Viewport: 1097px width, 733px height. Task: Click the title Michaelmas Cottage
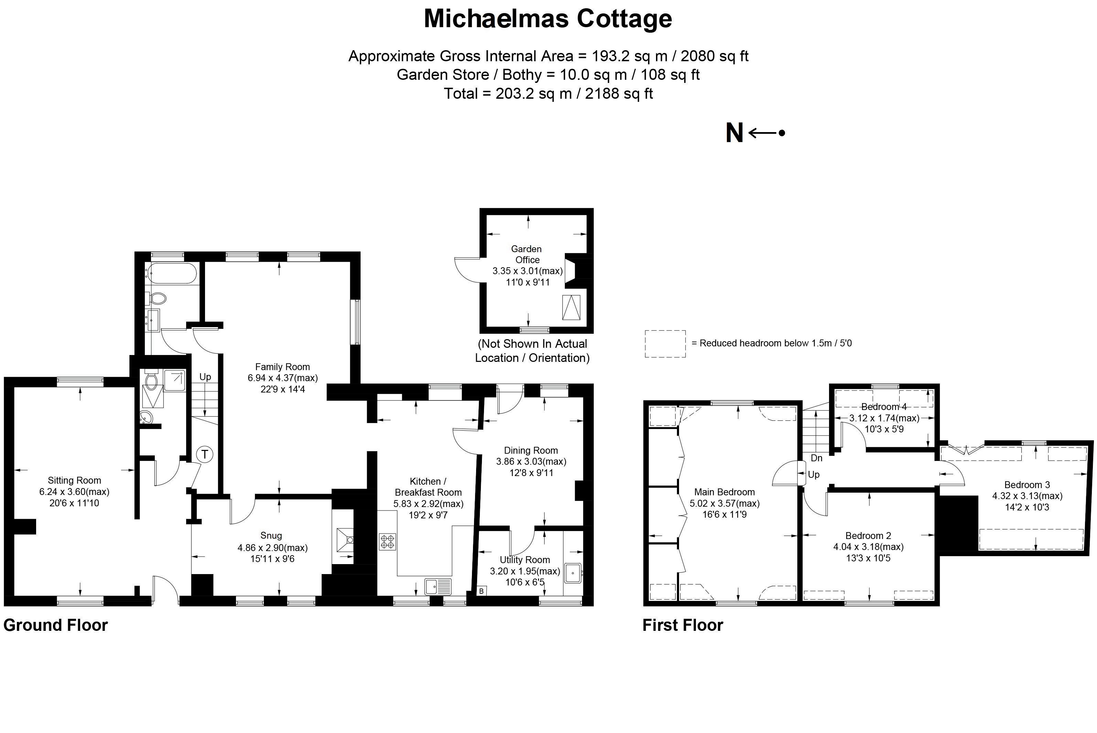pos(548,19)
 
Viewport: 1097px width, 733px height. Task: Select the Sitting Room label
pos(74,480)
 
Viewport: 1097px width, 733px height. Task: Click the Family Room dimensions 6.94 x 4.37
pos(282,378)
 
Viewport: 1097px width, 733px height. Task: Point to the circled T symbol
pos(204,454)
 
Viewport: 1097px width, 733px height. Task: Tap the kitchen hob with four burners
pos(387,542)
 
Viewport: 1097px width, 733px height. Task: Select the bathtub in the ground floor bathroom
pos(171,273)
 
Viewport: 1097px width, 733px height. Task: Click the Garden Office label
pos(527,254)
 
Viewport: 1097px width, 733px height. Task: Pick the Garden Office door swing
pos(466,270)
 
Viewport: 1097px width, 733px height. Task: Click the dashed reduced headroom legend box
pos(665,344)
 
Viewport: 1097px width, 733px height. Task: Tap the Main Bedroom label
pos(724,492)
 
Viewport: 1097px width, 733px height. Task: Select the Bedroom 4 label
pos(883,407)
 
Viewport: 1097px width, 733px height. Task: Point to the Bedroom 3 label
pos(1027,485)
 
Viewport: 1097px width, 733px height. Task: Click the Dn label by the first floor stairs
pos(816,458)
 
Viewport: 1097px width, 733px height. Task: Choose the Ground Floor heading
pos(56,625)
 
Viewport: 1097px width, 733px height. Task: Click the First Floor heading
pos(682,625)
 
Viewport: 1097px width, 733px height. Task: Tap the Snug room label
pos(271,536)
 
